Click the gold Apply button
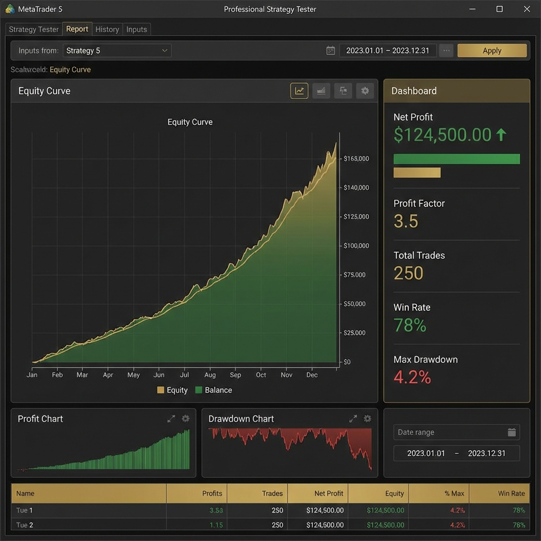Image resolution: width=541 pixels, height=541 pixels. click(492, 51)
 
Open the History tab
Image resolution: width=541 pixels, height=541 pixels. click(107, 30)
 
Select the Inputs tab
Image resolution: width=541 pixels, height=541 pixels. click(136, 30)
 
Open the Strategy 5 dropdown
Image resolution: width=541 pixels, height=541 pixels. click(117, 51)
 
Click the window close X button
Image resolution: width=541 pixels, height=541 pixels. click(526, 9)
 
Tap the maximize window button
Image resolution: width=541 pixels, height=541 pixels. click(499, 9)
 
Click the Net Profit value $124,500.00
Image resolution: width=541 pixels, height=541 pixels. click(443, 135)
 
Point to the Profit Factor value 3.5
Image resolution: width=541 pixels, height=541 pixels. click(406, 221)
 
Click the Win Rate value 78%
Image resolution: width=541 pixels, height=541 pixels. click(410, 325)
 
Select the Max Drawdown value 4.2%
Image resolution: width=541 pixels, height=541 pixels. click(412, 377)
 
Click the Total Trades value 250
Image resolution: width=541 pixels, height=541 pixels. click(408, 273)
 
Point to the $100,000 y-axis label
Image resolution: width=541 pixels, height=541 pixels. click(356, 246)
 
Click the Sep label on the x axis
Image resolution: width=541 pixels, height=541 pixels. click(236, 375)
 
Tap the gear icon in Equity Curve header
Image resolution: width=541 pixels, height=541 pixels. click(365, 91)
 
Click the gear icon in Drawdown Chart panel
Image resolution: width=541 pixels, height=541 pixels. click(367, 418)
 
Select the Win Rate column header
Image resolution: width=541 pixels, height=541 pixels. click(511, 493)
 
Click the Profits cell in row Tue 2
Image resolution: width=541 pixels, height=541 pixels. click(216, 525)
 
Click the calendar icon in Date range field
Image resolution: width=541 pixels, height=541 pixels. click(511, 432)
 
